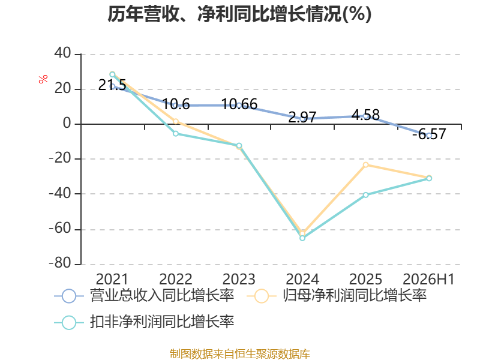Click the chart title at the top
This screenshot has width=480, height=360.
(239, 14)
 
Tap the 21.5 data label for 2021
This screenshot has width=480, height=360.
(112, 85)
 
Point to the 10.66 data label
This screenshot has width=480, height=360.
(239, 104)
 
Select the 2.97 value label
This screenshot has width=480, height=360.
(302, 117)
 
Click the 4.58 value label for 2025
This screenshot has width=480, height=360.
(365, 115)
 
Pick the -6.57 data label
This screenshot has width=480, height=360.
(429, 134)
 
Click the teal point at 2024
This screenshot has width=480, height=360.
(302, 238)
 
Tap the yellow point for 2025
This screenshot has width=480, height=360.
(365, 165)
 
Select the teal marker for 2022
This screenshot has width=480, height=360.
(176, 133)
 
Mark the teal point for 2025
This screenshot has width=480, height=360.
(366, 195)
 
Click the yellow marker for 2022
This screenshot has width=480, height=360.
(176, 122)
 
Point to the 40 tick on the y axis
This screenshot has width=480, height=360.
(62, 53)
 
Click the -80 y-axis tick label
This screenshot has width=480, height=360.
(60, 263)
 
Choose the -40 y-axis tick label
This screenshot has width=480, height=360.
(60, 193)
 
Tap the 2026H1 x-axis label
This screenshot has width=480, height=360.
(428, 279)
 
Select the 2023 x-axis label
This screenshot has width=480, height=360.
(239, 279)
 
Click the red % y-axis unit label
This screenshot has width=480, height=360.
(43, 79)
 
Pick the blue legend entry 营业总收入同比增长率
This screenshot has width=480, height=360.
(144, 296)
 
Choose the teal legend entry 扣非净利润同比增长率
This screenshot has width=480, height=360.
(144, 322)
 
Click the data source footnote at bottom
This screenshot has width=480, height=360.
(240, 354)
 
